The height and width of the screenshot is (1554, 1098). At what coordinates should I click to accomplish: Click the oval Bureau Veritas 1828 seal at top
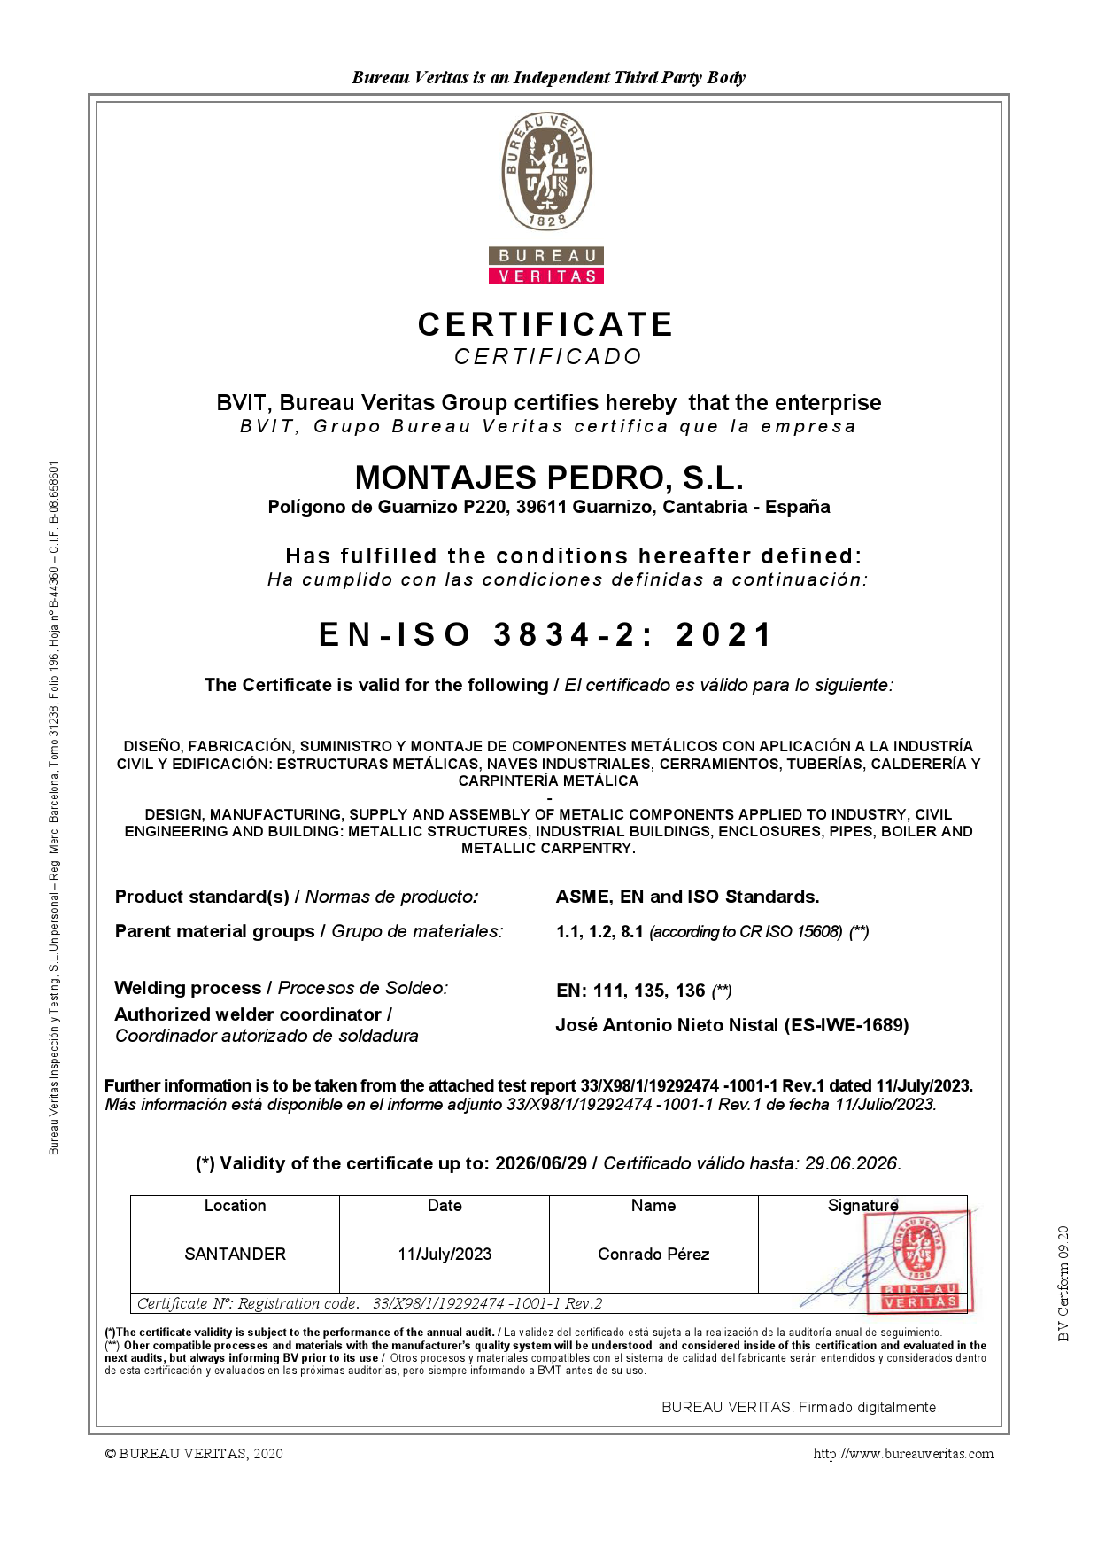(x=548, y=172)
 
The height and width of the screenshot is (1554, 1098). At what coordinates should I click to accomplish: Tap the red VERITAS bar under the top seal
(x=546, y=276)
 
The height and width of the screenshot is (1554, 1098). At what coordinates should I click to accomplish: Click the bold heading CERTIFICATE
(x=545, y=324)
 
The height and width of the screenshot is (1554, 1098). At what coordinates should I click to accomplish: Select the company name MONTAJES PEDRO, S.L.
(x=549, y=478)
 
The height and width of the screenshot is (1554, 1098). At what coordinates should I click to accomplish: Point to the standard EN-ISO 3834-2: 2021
(x=546, y=634)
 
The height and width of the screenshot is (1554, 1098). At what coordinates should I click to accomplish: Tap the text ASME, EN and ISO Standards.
(x=687, y=897)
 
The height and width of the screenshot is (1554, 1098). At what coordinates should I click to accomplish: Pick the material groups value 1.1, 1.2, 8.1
(x=599, y=931)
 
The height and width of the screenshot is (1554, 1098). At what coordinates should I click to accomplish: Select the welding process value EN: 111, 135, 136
(x=630, y=991)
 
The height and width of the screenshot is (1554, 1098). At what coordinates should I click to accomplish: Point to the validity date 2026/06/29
(x=540, y=1163)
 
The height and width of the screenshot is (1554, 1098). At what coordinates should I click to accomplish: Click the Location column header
(x=235, y=1206)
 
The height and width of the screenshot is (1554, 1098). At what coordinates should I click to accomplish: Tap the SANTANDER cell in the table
(x=235, y=1254)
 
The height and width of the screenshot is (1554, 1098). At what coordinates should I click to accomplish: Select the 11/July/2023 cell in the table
(x=445, y=1254)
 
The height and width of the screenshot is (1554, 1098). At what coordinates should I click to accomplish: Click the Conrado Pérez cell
(x=653, y=1254)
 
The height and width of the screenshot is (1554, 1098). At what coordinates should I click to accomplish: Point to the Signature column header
(x=862, y=1206)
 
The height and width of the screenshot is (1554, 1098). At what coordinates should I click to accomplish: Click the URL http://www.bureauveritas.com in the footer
(x=903, y=1454)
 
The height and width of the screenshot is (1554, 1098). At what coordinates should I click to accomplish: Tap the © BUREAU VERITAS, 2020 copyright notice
(x=194, y=1454)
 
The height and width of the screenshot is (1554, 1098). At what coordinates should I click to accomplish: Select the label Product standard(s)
(x=202, y=897)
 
